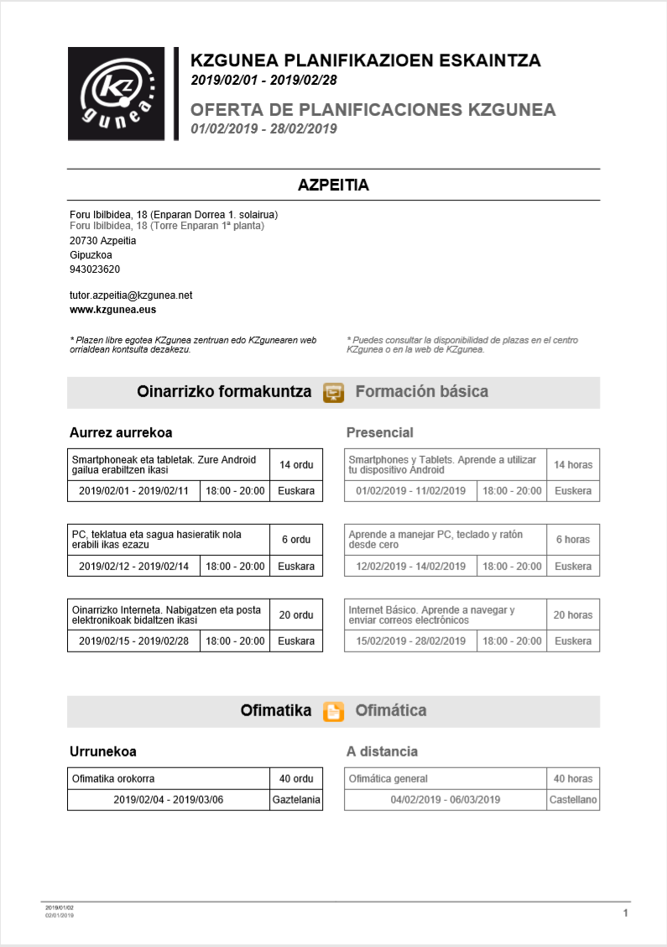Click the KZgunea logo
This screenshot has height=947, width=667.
[x=117, y=94]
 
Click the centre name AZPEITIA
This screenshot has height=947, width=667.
[x=333, y=186]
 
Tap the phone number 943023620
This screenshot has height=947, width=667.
[x=95, y=269]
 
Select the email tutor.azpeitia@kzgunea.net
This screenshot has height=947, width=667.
[x=131, y=296]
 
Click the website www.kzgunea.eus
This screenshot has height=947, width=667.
[x=113, y=310]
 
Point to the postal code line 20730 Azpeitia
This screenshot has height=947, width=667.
[x=103, y=241]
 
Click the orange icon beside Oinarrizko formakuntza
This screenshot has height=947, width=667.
[x=333, y=392]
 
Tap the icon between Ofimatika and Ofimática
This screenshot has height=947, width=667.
[x=333, y=711]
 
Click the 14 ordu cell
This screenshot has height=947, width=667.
[x=296, y=464]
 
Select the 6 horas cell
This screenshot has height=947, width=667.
[x=573, y=540]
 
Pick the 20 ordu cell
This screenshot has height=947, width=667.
[x=296, y=615]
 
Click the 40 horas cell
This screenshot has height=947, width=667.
[x=573, y=778]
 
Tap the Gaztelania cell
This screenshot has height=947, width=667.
[x=296, y=800]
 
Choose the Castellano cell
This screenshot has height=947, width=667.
[x=573, y=800]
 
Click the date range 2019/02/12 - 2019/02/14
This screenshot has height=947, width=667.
[x=133, y=567]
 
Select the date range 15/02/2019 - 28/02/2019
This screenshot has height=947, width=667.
[x=410, y=641]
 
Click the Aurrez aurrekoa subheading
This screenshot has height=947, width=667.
[x=121, y=433]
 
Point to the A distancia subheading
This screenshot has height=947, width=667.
[x=382, y=751]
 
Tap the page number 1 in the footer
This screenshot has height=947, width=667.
[x=626, y=913]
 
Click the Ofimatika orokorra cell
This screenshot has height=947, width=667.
[x=168, y=778]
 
